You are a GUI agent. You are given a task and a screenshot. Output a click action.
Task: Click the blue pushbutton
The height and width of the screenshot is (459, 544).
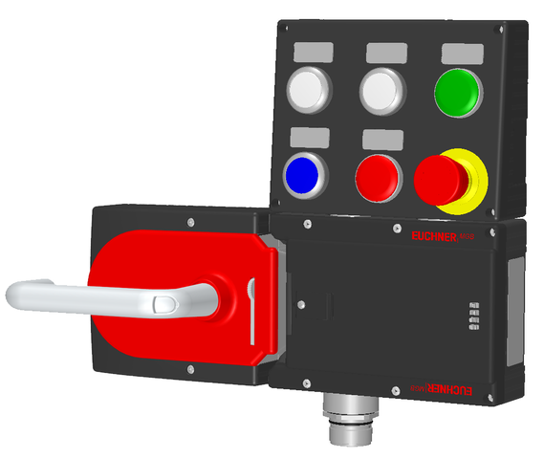[x=305, y=173]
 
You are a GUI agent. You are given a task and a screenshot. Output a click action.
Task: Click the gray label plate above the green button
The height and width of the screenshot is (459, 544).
[x=457, y=52]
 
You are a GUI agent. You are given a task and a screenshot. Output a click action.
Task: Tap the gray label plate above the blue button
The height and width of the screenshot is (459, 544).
[x=311, y=137]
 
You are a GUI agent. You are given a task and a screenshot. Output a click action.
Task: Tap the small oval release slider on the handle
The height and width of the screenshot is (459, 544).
[x=163, y=305]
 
